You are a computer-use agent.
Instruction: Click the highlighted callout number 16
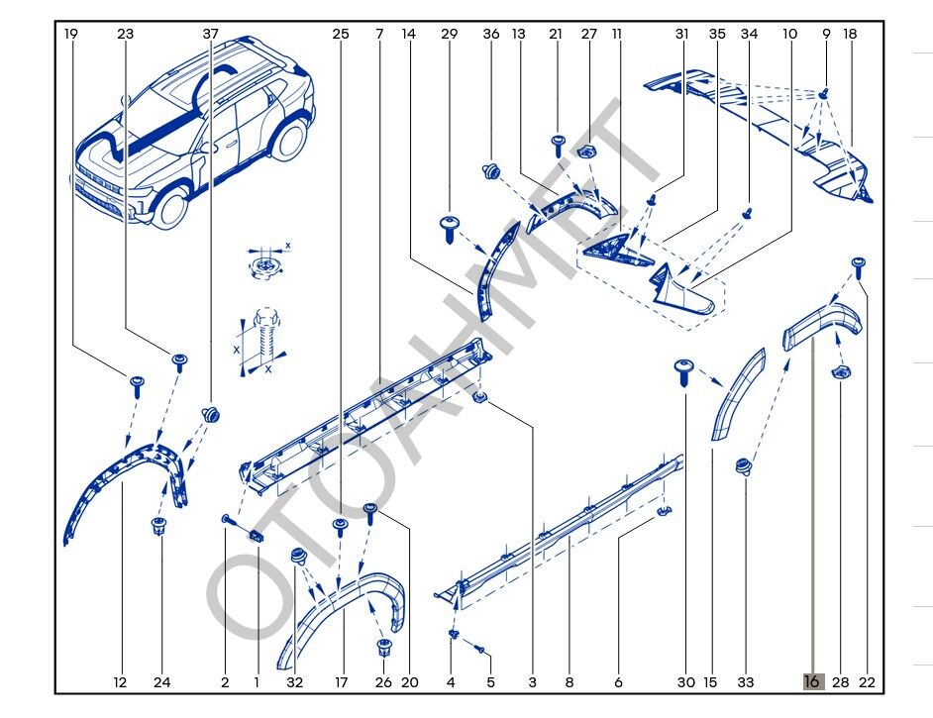coord(812,681)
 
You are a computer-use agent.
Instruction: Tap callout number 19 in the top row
coord(70,34)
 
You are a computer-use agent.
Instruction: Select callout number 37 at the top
coord(211,34)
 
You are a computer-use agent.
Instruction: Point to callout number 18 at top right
coord(850,34)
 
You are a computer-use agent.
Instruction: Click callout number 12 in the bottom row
coord(120,681)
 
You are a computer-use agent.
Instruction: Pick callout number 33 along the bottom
coord(746,681)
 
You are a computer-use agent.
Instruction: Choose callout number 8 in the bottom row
coord(570,681)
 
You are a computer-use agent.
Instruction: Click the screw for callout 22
coord(859,265)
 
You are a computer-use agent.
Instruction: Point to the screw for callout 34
coord(750,212)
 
